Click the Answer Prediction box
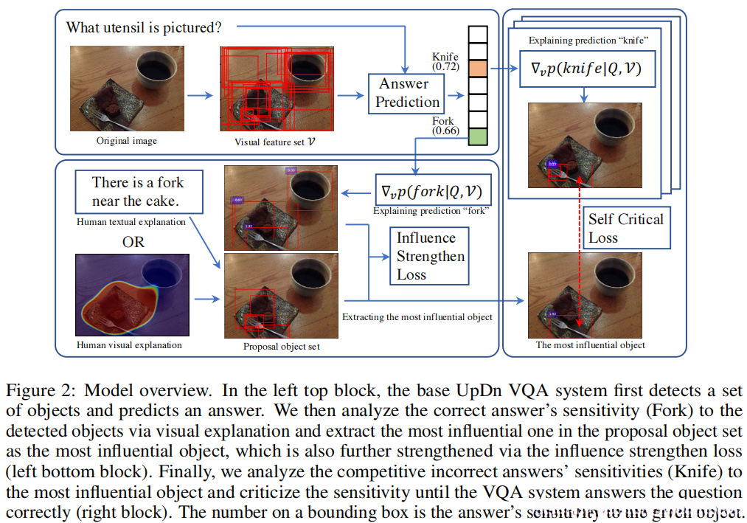tap(407, 93)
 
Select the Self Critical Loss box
tap(626, 228)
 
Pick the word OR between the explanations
tap(133, 242)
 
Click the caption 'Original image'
tap(126, 140)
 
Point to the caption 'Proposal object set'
tap(280, 345)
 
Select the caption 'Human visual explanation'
tap(129, 344)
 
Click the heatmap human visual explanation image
tap(133, 293)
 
